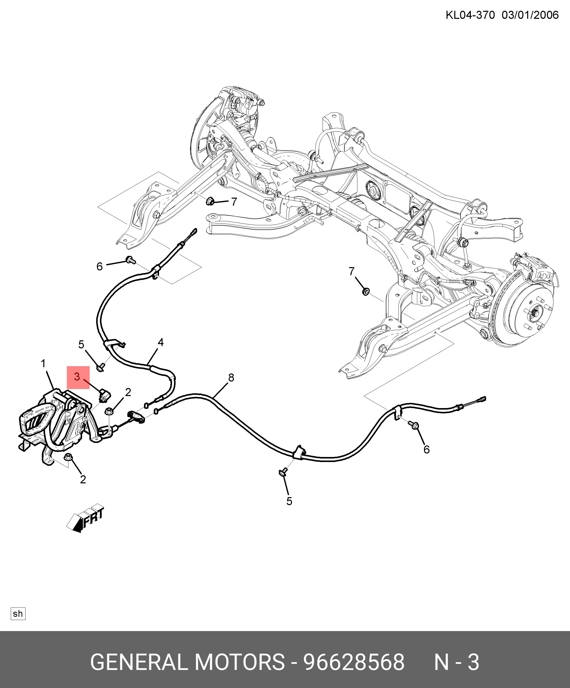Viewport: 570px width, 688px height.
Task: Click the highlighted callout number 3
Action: (x=78, y=377)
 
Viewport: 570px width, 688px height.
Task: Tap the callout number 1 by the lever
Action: (x=43, y=363)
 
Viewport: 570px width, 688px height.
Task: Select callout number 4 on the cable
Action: (x=160, y=342)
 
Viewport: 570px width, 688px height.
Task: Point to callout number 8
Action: (x=231, y=378)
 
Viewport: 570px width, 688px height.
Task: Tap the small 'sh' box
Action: (x=18, y=614)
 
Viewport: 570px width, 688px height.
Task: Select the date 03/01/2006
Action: (x=530, y=15)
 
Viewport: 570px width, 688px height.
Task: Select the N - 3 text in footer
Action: (x=457, y=662)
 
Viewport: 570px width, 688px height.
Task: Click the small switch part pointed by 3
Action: (x=105, y=396)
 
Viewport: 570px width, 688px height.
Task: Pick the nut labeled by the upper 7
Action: (x=210, y=201)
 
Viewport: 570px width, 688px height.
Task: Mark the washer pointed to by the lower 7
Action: (x=366, y=291)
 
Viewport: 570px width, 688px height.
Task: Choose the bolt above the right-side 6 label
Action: (x=414, y=425)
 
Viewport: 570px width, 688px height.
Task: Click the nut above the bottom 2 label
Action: (x=68, y=456)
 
